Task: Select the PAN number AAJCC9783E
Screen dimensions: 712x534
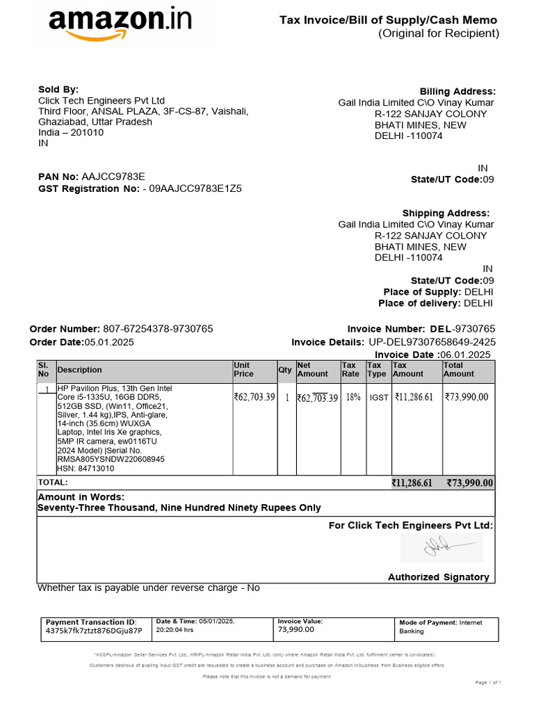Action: tap(113, 177)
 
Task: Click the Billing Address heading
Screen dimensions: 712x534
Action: tap(458, 92)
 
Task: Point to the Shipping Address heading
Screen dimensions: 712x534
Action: tap(446, 213)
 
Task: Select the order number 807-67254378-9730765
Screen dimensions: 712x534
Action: tap(158, 329)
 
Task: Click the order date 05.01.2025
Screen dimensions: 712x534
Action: tap(109, 342)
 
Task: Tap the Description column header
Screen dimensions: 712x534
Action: tap(79, 370)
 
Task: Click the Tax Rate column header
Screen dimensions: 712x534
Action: tap(350, 369)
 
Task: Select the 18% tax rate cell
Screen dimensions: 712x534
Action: tap(353, 397)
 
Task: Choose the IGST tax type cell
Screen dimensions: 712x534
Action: tap(379, 398)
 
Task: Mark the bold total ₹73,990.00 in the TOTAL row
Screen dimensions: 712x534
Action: tap(469, 483)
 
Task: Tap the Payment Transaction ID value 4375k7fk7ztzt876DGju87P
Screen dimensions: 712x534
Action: tap(93, 631)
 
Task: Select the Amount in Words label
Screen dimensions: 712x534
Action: tap(81, 497)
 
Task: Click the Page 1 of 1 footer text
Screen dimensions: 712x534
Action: tap(488, 683)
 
